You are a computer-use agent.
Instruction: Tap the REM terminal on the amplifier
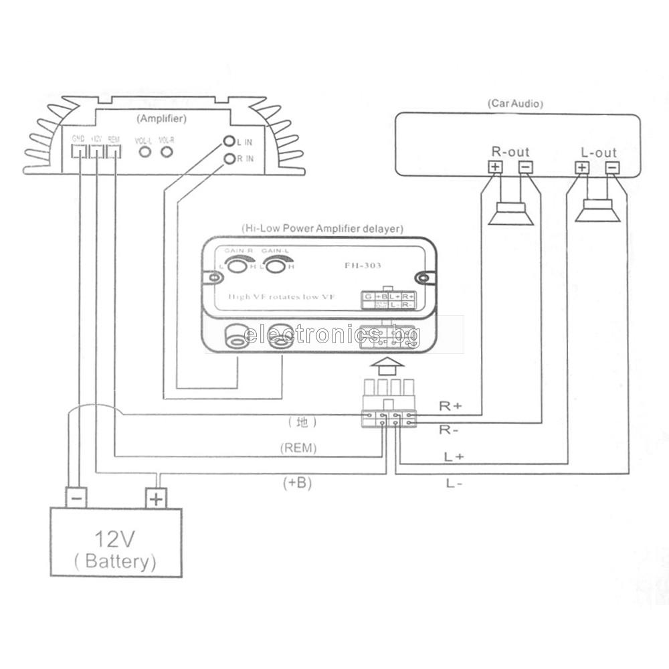(x=114, y=151)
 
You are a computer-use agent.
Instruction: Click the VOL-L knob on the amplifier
(x=144, y=152)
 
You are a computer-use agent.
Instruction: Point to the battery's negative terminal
(x=76, y=498)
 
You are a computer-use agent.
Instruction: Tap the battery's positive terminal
(x=156, y=498)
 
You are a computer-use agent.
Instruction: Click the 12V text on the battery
(x=116, y=538)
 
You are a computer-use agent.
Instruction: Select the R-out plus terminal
(x=495, y=167)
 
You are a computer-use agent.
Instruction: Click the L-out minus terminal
(x=611, y=168)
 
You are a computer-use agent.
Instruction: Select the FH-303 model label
(x=363, y=266)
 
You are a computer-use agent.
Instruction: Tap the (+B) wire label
(x=297, y=482)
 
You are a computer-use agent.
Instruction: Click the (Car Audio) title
(x=514, y=104)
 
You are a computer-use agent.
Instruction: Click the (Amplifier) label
(x=161, y=118)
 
